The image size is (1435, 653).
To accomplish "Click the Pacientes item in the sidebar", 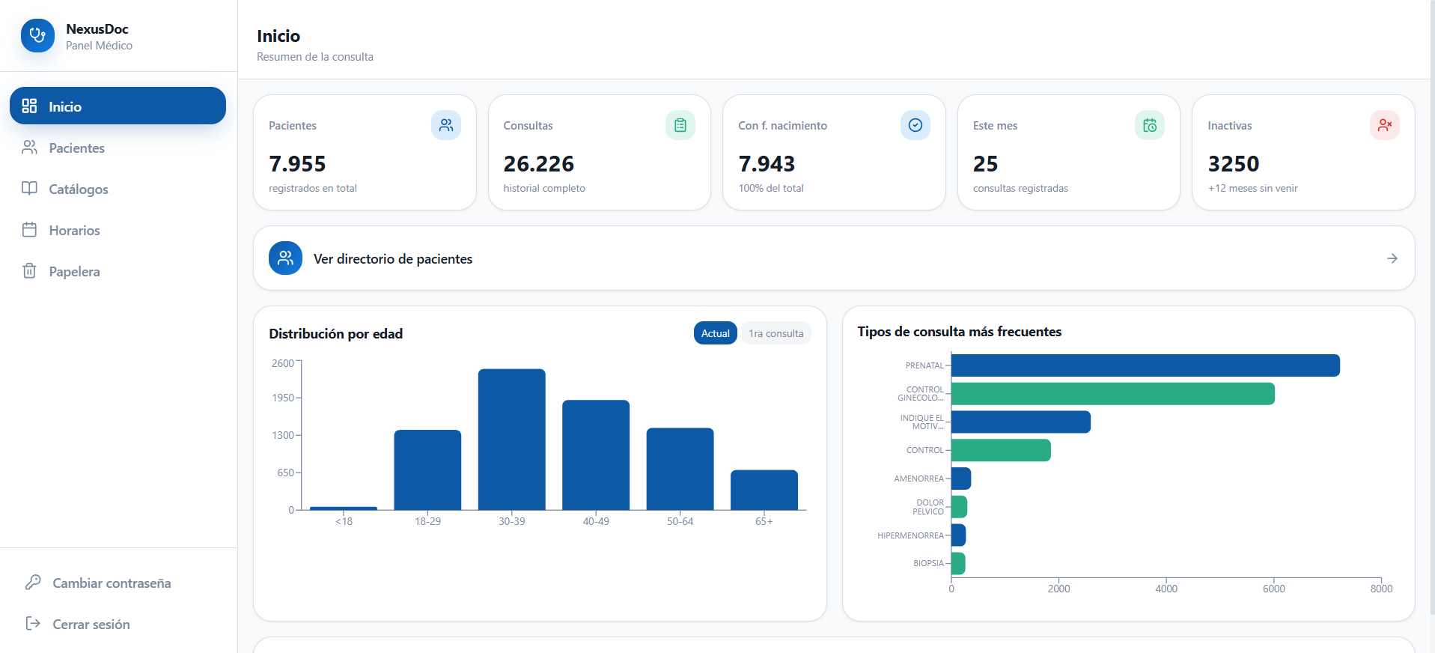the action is [76, 148].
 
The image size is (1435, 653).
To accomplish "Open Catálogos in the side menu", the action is [78, 189].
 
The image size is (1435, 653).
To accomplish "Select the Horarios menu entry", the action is [74, 231].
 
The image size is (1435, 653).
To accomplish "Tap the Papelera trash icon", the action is [29, 271].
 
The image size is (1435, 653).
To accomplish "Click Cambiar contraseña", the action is [112, 583].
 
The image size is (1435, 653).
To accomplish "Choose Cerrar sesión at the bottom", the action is [91, 625].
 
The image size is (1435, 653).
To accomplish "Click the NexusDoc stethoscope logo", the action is [37, 36].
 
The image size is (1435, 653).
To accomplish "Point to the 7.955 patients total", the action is [297, 164].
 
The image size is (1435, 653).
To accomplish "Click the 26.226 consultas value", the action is [538, 164].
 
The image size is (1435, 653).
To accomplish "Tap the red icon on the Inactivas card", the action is [1384, 125].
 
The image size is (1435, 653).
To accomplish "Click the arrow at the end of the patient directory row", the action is [1392, 258].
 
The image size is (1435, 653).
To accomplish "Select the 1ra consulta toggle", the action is [776, 333].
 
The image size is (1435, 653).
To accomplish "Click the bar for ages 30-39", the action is [512, 440].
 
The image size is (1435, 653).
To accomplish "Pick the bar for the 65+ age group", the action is [764, 490].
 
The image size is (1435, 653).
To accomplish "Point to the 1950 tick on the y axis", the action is [283, 398].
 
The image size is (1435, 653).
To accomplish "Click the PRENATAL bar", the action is [1145, 365].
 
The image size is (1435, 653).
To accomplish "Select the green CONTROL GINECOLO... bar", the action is [1113, 394].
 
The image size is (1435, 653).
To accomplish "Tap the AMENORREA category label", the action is [918, 479].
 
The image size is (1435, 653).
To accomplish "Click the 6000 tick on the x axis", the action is [1274, 589].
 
